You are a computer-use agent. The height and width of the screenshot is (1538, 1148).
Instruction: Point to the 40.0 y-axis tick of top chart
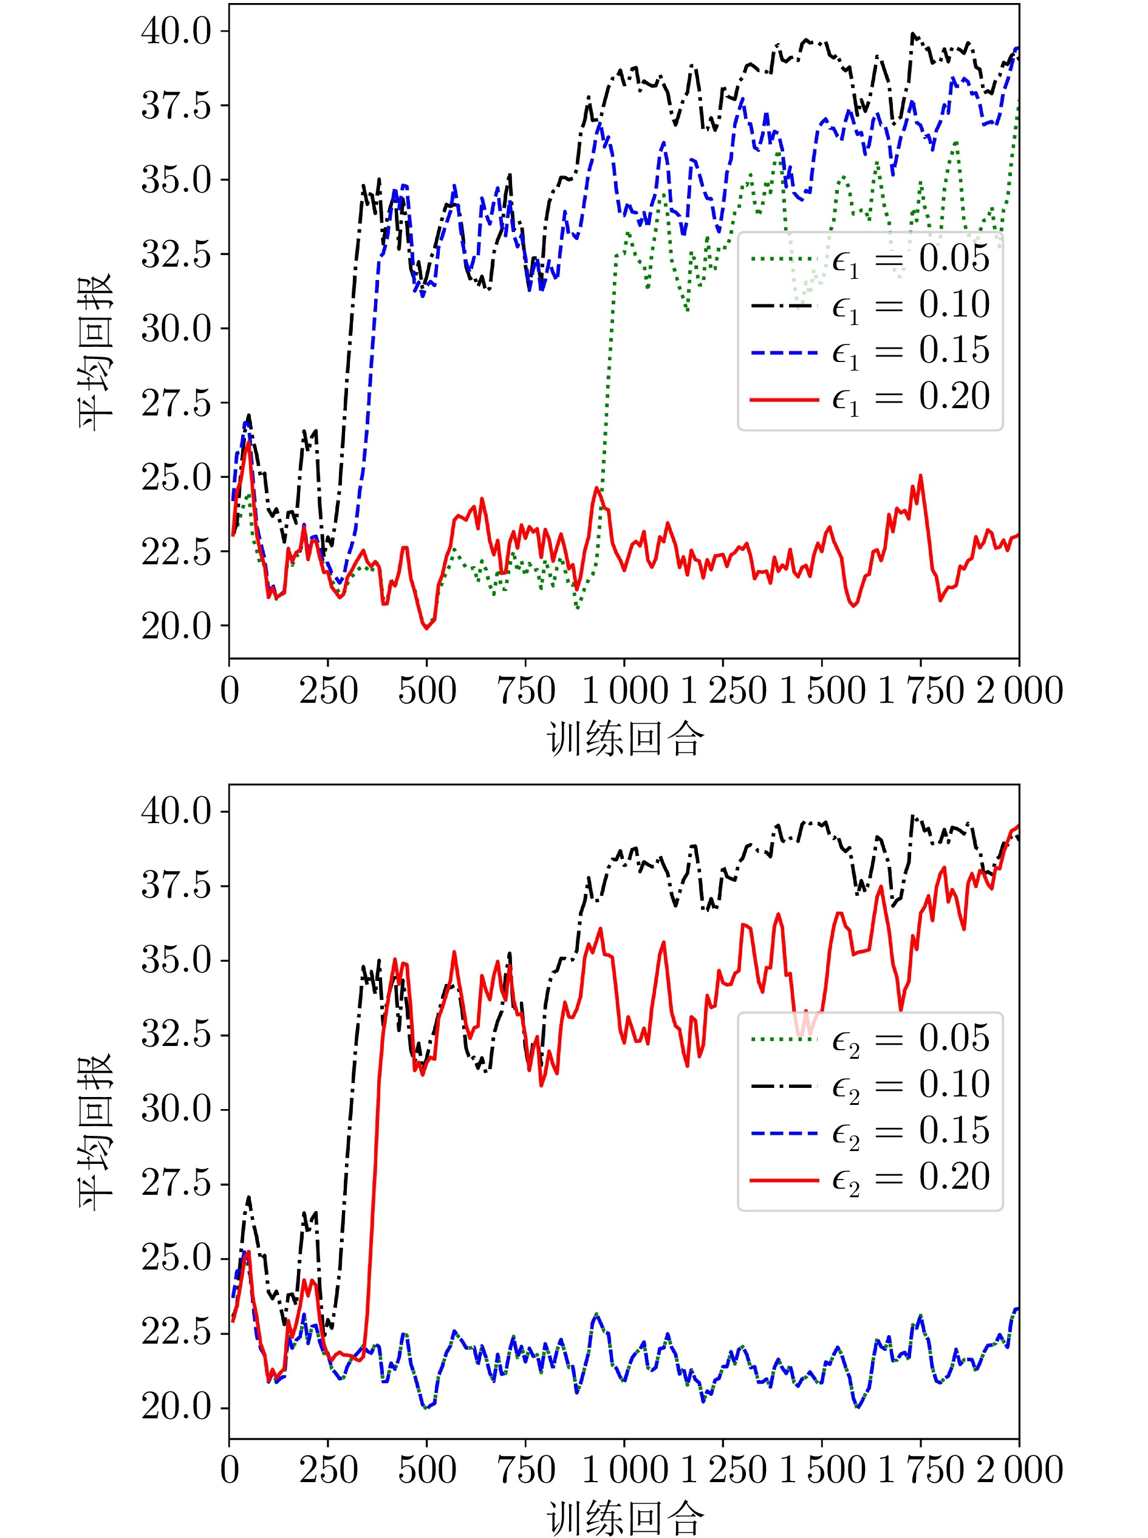click(177, 31)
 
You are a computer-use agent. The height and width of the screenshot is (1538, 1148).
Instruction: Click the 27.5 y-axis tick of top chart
click(177, 403)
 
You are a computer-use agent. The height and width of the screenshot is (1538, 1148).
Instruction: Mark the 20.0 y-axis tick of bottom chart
click(177, 1407)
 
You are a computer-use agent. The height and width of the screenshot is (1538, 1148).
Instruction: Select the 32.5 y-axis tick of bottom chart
click(177, 1035)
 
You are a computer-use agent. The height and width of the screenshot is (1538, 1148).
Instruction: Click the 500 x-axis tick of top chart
click(426, 691)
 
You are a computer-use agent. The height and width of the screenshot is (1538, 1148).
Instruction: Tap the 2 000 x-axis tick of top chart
click(1019, 691)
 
